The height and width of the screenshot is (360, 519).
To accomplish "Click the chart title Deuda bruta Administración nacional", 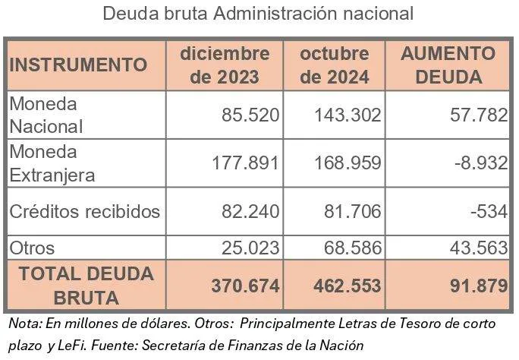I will tap(258, 14).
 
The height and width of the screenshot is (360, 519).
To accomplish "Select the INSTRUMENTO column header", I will tap(78, 65).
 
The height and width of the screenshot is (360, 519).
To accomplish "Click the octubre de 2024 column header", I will tap(335, 65).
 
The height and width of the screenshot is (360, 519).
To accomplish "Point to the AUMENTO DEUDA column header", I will tap(448, 65).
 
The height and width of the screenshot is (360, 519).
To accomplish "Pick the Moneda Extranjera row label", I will tap(52, 163).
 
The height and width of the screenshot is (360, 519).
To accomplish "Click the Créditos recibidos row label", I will tap(84, 211).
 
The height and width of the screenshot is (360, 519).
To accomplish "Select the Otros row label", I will tap(32, 247).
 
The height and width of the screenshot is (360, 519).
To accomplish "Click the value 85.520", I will tap(251, 115).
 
